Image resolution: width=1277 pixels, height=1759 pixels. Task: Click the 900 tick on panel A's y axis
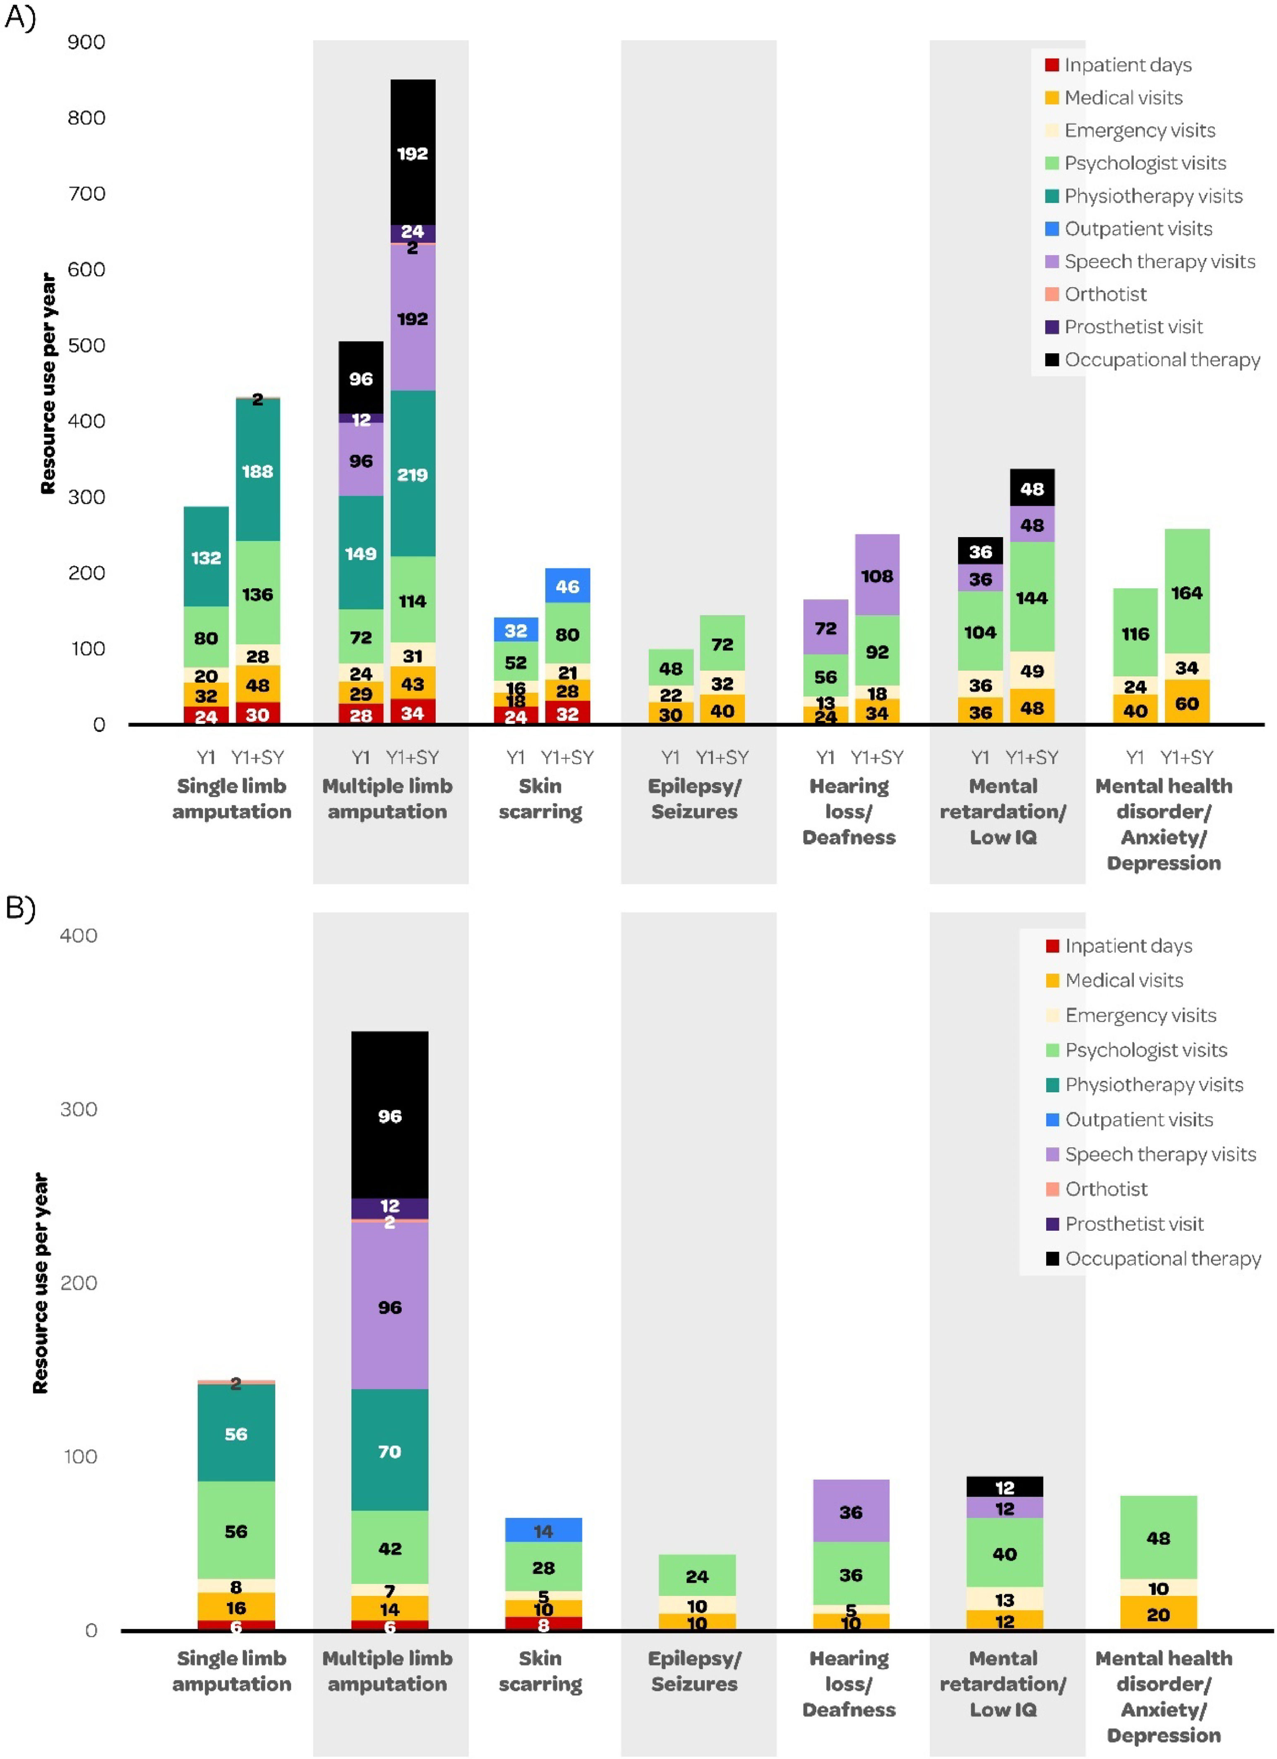tap(86, 42)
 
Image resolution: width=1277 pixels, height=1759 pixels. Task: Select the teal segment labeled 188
tap(257, 470)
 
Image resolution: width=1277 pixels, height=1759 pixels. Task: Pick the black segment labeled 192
tap(413, 153)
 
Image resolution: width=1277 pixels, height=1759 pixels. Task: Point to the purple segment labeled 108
tap(877, 575)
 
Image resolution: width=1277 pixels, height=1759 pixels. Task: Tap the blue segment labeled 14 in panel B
tap(543, 1530)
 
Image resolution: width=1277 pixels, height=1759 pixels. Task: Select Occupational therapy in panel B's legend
tap(1162, 1258)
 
